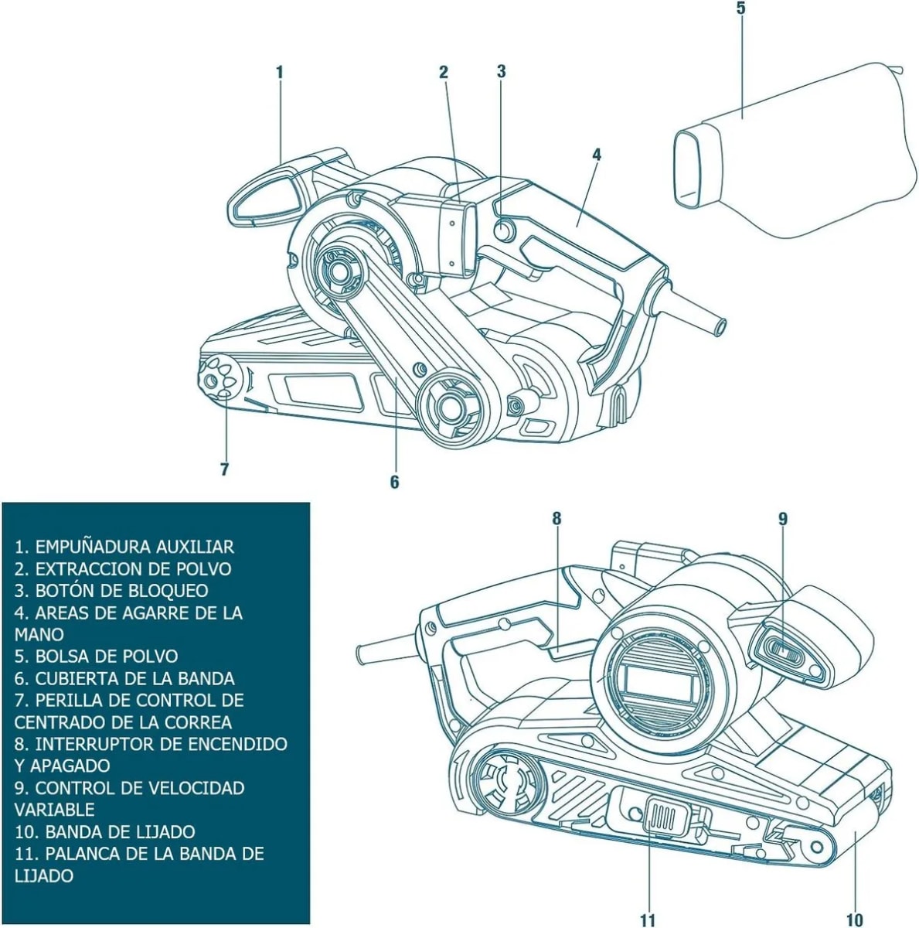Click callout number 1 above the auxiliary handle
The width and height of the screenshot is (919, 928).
coord(280,72)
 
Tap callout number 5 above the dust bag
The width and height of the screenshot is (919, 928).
coord(740,9)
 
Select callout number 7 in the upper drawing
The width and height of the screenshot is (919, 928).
coord(224,469)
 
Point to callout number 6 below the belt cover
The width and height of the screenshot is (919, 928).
coord(394,482)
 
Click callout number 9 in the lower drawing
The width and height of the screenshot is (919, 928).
coord(782,518)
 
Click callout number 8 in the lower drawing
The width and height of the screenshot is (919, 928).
coord(556,518)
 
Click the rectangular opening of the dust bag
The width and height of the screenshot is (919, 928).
coord(690,169)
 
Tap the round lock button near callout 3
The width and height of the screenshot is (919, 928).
coord(503,230)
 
